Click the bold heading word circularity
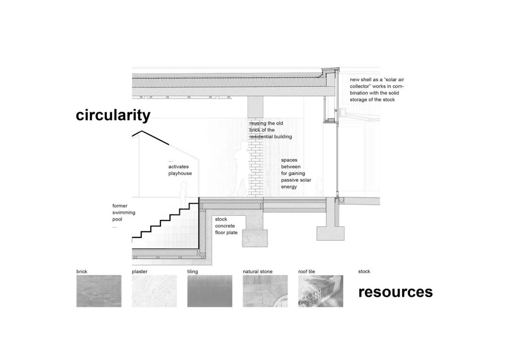pos(113,115)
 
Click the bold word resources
pos(395,292)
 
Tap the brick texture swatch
pos(99,291)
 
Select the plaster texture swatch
pos(155,291)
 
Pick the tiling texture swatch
pos(210,291)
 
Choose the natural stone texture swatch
pos(265,291)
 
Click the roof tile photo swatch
pos(320,291)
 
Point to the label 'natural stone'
pos(257,271)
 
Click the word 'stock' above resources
pos(364,271)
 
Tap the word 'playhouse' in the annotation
pos(180,174)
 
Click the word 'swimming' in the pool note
pos(123,213)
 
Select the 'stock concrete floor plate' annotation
pos(226,226)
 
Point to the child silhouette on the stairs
pos(184,195)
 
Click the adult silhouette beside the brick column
pos(240,169)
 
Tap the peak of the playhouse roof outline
pos(141,131)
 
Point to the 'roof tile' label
pos(306,271)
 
